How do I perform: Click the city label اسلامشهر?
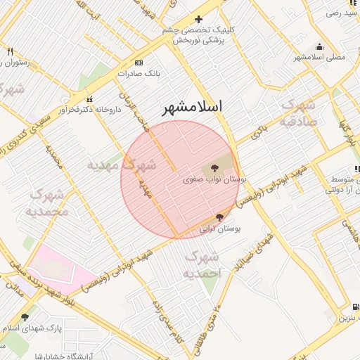tap(192, 107)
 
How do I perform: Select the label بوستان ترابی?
tap(221, 229)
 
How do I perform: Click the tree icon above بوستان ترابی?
tap(220, 218)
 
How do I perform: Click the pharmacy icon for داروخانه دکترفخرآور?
tap(89, 99)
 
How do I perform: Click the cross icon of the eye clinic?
tap(198, 19)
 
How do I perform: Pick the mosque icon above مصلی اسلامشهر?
tap(320, 46)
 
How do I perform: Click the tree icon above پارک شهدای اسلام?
tap(25, 318)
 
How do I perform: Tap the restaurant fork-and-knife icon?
tap(10, 51)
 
